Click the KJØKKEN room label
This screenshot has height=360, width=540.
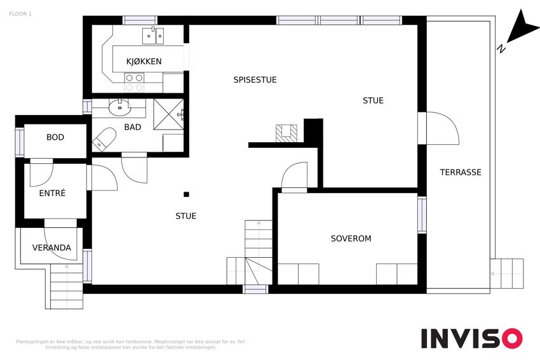pyautogui.click(x=144, y=61)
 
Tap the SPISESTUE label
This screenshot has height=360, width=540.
pyautogui.click(x=255, y=79)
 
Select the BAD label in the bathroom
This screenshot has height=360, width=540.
pyautogui.click(x=133, y=127)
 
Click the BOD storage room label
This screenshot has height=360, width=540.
pyautogui.click(x=55, y=137)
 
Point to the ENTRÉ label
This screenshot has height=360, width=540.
pyautogui.click(x=52, y=193)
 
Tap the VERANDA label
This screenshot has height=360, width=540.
pyautogui.click(x=51, y=248)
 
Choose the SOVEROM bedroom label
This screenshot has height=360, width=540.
pyautogui.click(x=351, y=238)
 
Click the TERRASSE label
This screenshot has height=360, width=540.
pyautogui.click(x=461, y=171)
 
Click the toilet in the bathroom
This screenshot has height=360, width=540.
pyautogui.click(x=104, y=139)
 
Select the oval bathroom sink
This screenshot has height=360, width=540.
pyautogui.click(x=119, y=107)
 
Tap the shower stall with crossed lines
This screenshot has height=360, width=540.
pyautogui.click(x=168, y=114)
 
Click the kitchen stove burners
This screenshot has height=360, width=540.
pyautogui.click(x=134, y=83)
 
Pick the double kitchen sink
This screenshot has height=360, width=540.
pyautogui.click(x=153, y=36)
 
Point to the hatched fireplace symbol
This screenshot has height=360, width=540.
pyautogui.click(x=286, y=133)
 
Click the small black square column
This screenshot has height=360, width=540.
pyautogui.click(x=186, y=194)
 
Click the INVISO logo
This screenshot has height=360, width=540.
pyautogui.click(x=471, y=338)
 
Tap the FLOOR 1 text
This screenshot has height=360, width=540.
pyautogui.click(x=20, y=14)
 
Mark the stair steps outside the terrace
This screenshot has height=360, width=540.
pyautogui.click(x=506, y=274)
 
